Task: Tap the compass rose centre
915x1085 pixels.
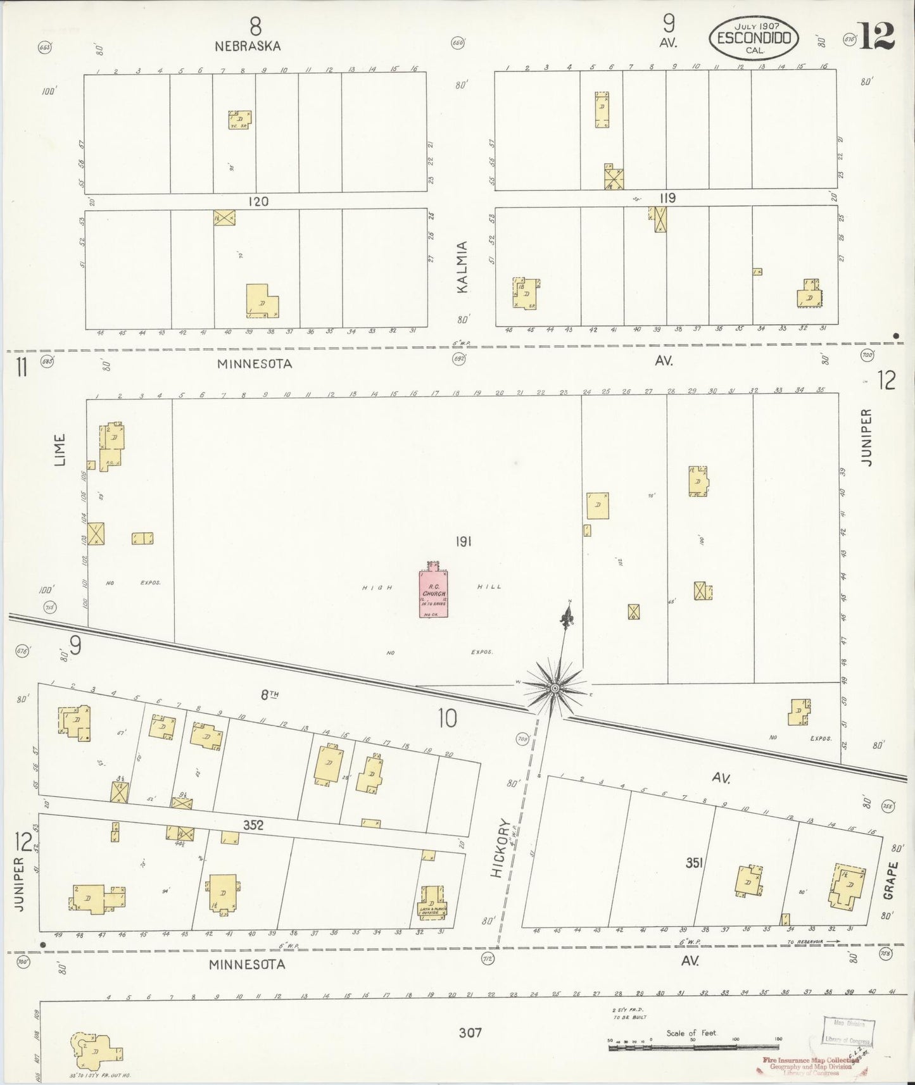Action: (555, 687)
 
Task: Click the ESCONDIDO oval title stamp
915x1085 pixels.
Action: (754, 37)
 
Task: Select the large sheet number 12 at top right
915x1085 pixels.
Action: (877, 36)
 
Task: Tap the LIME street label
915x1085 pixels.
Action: (60, 450)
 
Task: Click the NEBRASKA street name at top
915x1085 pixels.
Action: (247, 46)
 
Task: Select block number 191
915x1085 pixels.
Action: (464, 541)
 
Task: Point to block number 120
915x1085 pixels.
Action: (258, 201)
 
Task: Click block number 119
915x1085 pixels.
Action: (667, 198)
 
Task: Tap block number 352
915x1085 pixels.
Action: (253, 825)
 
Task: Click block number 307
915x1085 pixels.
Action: (470, 1032)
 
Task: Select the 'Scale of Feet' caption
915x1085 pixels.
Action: (691, 1032)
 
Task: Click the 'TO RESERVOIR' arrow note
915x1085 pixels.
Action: (812, 941)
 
